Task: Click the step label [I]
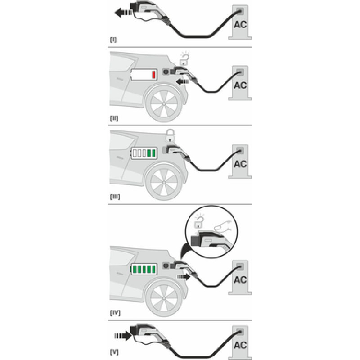coord(113,40)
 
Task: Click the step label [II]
coord(114,118)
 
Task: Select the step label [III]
coord(115,197)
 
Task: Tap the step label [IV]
coord(115,312)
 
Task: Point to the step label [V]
coord(114,352)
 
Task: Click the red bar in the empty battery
coord(153,75)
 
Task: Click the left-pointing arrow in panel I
coord(123,13)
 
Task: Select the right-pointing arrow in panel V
coord(123,336)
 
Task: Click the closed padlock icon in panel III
coord(171,136)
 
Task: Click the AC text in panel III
coord(240,164)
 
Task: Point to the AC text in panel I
coord(240,25)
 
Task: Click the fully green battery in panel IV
coord(144,269)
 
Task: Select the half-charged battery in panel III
coord(144,153)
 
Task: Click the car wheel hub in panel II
coord(164,104)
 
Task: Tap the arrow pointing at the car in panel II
coord(183,81)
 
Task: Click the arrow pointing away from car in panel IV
coord(184,277)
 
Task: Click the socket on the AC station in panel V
coord(240,332)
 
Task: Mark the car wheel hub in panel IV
coord(164,298)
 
